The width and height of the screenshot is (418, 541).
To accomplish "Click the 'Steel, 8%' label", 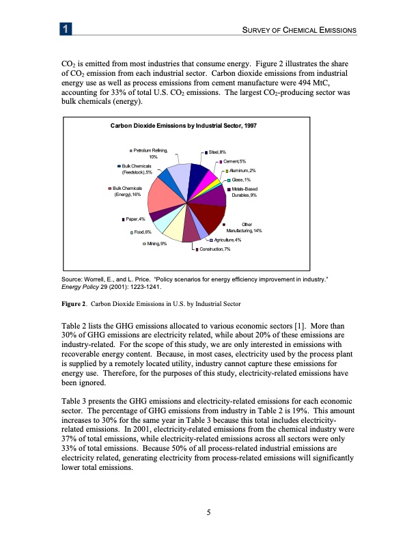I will click(218, 152).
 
